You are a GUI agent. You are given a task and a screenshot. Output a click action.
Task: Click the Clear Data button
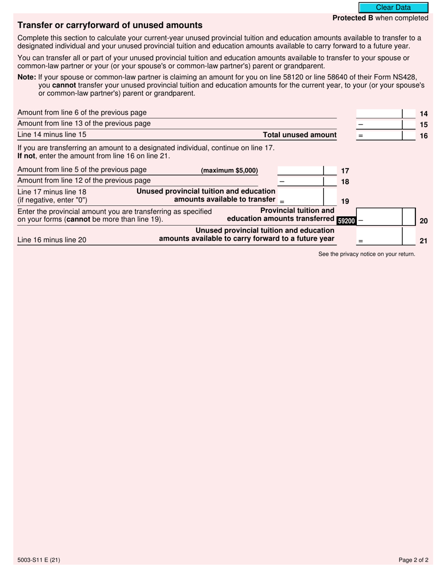[x=393, y=8]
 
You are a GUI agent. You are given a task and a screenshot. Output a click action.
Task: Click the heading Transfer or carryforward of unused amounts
[x=110, y=25]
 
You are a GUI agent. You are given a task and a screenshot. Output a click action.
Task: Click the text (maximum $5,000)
[x=229, y=171]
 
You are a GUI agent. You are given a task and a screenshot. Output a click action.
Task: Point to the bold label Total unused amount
[x=300, y=135]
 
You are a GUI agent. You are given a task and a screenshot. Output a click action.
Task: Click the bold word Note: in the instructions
[x=27, y=78]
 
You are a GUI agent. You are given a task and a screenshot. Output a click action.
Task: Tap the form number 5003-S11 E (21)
[x=38, y=560]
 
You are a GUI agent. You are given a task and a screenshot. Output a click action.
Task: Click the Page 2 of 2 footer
[x=413, y=560]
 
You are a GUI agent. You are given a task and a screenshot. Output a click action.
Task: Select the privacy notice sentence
[x=367, y=254]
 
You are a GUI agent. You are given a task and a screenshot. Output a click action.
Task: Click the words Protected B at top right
[x=353, y=18]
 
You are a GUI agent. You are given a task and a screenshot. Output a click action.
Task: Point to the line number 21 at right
[x=423, y=241]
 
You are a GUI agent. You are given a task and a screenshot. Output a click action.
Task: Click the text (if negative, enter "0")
[x=52, y=200]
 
